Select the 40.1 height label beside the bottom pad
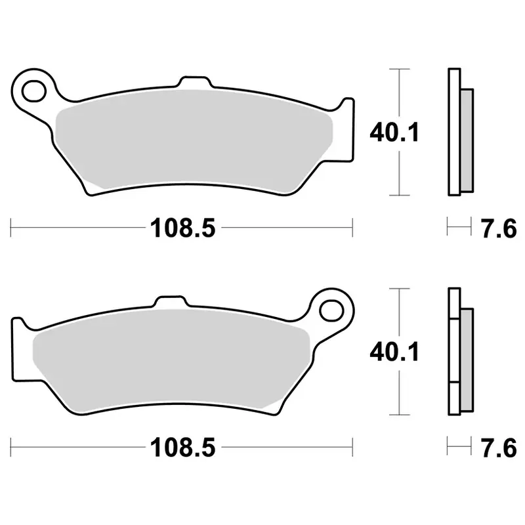pyautogui.click(x=394, y=352)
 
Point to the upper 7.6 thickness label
pyautogui.click(x=499, y=229)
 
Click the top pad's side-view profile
pyautogui.click(x=454, y=131)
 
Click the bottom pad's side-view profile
pyautogui.click(x=454, y=352)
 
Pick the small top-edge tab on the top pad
pyautogui.click(x=195, y=83)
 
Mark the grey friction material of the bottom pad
pyautogui.click(x=171, y=361)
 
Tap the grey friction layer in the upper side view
pyautogui.click(x=467, y=135)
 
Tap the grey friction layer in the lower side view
pyautogui.click(x=467, y=355)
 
